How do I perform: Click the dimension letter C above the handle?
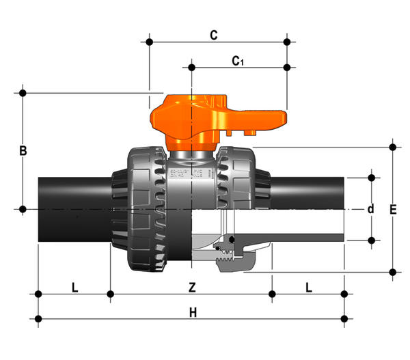(214, 36)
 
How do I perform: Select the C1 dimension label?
(238, 61)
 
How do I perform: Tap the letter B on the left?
(23, 151)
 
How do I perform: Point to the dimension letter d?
(370, 209)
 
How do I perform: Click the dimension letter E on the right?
(393, 210)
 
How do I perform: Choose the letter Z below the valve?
(192, 288)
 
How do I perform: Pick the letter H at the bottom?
(193, 312)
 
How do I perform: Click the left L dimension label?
(74, 288)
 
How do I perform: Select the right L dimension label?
(309, 288)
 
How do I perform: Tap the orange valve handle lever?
(219, 123)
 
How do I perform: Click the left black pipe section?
(74, 210)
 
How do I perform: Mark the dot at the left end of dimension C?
(149, 42)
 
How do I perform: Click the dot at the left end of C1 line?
(191, 68)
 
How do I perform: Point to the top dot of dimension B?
(23, 93)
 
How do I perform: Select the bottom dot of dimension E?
(392, 272)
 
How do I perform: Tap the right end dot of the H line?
(344, 319)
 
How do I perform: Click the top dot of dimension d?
(371, 178)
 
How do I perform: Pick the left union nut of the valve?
(146, 209)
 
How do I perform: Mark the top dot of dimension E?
(392, 147)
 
